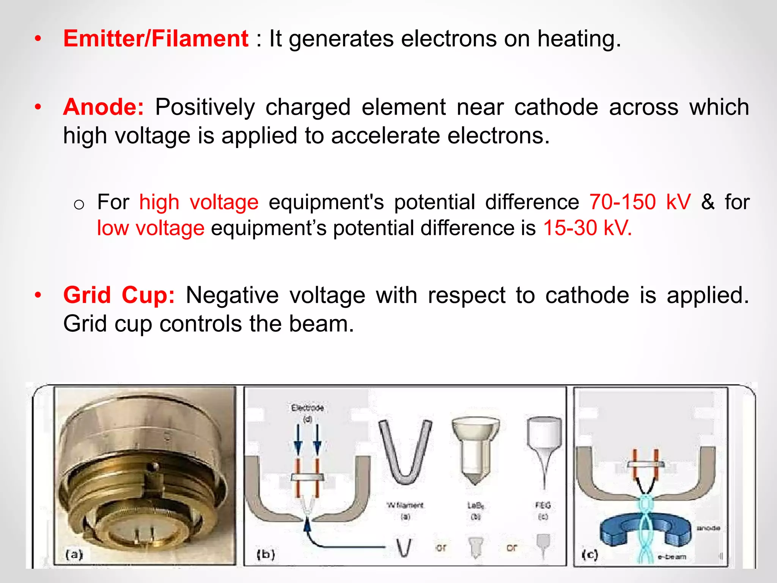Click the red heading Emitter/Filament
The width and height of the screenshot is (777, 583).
pos(156,39)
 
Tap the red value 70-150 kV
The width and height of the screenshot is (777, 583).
pos(640,202)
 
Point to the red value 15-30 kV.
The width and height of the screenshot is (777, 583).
pos(587,228)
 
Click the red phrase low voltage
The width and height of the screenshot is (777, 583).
pos(151,228)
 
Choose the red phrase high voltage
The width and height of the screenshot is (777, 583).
pos(199,202)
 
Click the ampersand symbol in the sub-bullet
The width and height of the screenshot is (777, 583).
pos(708,202)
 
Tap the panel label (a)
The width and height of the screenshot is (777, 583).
pos(74,555)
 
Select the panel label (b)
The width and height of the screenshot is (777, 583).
pos(266,555)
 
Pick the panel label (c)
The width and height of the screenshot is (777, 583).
pos(590,555)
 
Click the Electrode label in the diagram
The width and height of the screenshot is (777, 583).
pos(307,408)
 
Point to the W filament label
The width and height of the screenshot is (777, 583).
pos(405,505)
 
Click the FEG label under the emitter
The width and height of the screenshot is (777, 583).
pos(543,505)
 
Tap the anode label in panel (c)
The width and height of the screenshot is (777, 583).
pos(708,528)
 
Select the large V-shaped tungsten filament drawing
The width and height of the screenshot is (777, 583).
pos(405,452)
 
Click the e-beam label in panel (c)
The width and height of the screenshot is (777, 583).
pos(672,557)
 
